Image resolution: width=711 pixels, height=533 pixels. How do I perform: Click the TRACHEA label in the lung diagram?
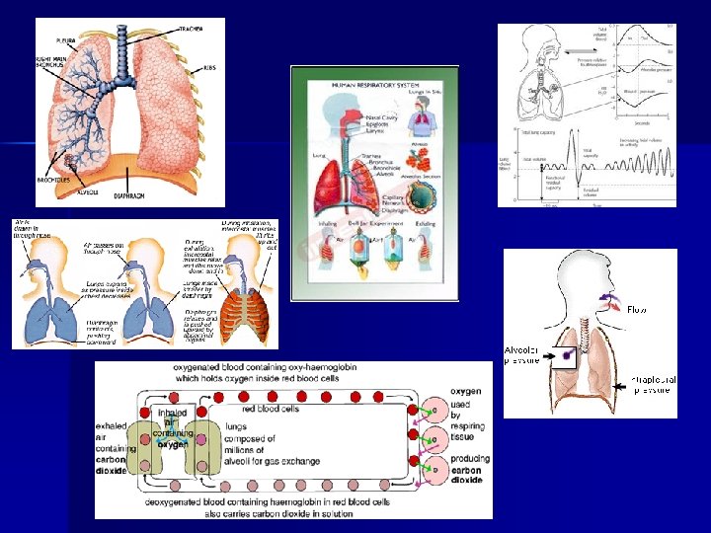click(x=191, y=28)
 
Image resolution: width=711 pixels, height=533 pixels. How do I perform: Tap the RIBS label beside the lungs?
click(x=209, y=68)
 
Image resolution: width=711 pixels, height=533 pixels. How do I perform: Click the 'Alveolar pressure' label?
click(x=523, y=355)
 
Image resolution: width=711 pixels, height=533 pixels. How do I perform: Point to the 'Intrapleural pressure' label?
click(x=651, y=386)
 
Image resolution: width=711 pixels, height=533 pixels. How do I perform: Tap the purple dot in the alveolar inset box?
click(x=568, y=351)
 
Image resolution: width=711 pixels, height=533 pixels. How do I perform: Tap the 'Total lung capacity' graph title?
click(x=538, y=131)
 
